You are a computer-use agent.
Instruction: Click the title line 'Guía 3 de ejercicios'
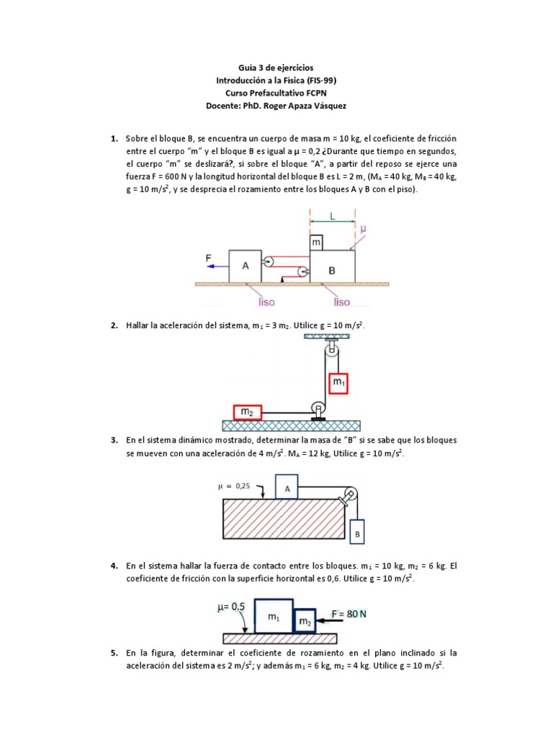(276, 68)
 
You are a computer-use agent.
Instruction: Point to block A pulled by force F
(245, 266)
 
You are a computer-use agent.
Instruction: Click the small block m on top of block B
(316, 243)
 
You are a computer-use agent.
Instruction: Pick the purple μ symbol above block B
(363, 228)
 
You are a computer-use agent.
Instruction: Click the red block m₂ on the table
(247, 412)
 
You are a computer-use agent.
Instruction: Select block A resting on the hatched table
(287, 487)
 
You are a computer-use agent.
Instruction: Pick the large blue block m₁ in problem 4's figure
(273, 615)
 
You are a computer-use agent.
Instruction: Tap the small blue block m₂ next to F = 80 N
(305, 620)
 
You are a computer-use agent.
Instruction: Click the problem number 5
(114, 653)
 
